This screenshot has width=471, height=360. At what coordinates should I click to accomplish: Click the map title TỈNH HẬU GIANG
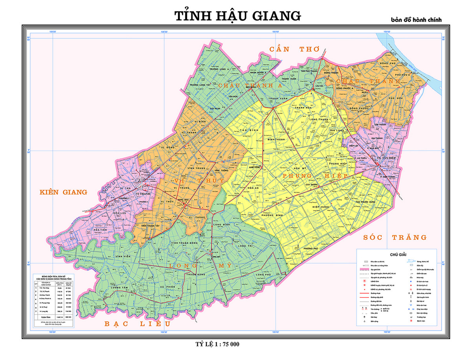tap(237, 15)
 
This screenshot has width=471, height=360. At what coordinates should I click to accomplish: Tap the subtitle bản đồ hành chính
tap(416, 19)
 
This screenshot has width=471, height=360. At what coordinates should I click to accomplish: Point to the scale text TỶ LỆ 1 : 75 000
tap(217, 344)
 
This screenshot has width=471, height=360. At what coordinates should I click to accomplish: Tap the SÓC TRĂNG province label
tap(394, 237)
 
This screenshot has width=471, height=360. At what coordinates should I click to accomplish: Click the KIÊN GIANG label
tap(63, 192)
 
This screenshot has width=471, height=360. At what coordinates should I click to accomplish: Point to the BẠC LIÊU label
tap(137, 324)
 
